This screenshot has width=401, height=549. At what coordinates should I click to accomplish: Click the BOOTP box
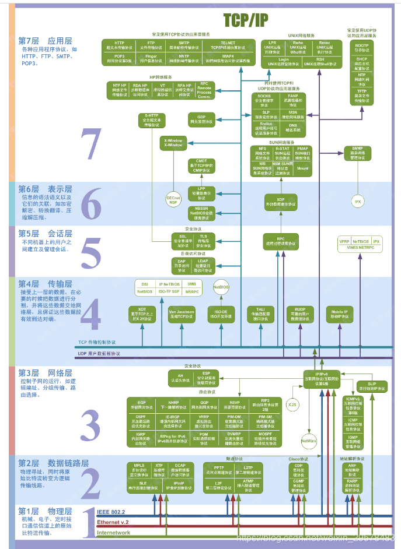click(x=362, y=47)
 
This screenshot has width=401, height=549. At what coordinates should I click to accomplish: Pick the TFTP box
click(x=362, y=94)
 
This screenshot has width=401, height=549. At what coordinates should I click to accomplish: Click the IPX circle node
click(x=357, y=201)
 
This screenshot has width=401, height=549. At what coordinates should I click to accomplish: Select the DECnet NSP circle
click(x=173, y=199)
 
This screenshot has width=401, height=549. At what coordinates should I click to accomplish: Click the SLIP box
click(x=372, y=386)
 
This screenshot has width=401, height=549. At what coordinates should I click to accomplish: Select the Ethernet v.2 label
click(x=113, y=522)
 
